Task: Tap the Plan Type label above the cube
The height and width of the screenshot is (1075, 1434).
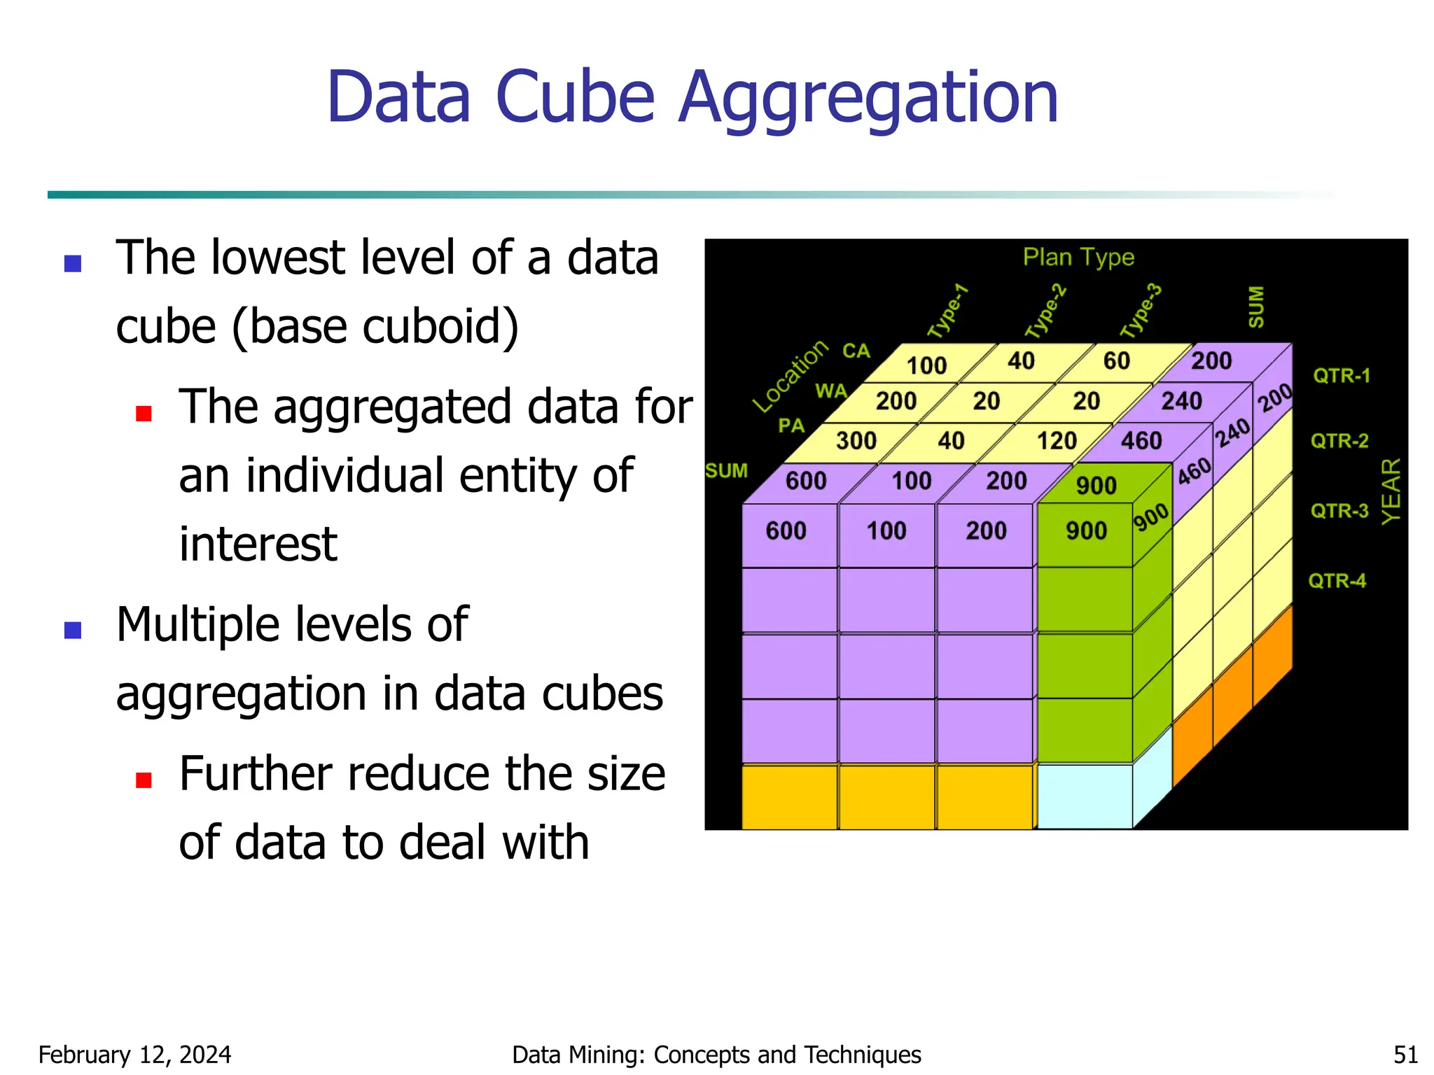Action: (x=1078, y=258)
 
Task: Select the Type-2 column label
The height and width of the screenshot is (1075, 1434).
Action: (x=1045, y=311)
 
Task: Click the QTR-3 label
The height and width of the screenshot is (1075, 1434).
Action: (x=1339, y=511)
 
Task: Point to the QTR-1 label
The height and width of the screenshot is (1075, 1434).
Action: (x=1341, y=376)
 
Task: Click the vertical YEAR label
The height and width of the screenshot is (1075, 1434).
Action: (x=1391, y=491)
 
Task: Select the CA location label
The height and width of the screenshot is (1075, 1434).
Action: (x=856, y=351)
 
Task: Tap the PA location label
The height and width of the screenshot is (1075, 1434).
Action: (x=791, y=426)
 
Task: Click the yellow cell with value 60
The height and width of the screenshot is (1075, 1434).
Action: (x=1116, y=361)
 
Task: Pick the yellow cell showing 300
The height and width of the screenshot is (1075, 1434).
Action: (x=856, y=441)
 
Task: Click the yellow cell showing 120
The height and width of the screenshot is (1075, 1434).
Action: (x=1056, y=441)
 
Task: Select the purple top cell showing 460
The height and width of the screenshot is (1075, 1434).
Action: (x=1141, y=441)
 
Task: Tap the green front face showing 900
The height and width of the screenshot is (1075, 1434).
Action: (x=1085, y=532)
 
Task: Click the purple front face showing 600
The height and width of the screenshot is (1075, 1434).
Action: (x=786, y=532)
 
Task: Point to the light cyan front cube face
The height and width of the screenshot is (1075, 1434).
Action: (x=1084, y=796)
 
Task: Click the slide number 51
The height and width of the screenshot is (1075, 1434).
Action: (x=1405, y=1055)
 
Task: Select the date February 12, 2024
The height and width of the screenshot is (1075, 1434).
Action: (x=134, y=1055)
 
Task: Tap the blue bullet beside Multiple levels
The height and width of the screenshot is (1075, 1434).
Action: (x=73, y=630)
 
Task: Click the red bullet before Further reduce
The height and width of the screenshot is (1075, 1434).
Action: (x=144, y=780)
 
